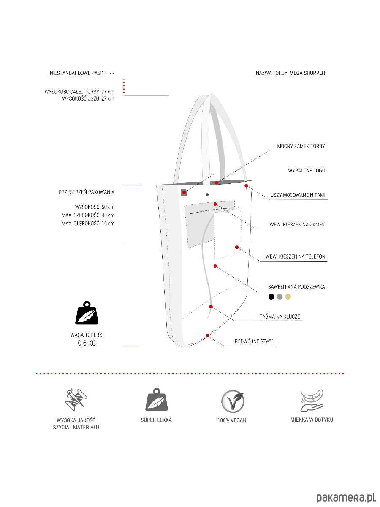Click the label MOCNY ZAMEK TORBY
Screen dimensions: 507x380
coord(301,147)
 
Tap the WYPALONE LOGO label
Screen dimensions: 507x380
coord(307,171)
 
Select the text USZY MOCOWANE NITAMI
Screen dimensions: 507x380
coord(298,195)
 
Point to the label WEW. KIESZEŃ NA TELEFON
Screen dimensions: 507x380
coord(295,256)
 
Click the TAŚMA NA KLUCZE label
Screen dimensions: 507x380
coord(280,316)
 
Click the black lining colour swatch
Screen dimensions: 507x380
coord(271,297)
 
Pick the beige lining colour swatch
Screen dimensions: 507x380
coord(288,297)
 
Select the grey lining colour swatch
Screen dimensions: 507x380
coord(280,297)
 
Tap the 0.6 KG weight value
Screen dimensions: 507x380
coord(87,343)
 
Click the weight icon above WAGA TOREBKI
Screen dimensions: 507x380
coord(87,313)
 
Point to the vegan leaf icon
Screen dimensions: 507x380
coord(233,401)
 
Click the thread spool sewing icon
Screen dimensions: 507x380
coord(76,399)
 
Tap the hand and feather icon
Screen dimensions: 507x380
coord(312,400)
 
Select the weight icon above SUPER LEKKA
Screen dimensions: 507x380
coord(156,399)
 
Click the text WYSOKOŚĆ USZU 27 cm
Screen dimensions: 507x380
coord(88,98)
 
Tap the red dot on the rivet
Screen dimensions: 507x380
coord(246,185)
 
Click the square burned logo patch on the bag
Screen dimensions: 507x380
coord(184,193)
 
